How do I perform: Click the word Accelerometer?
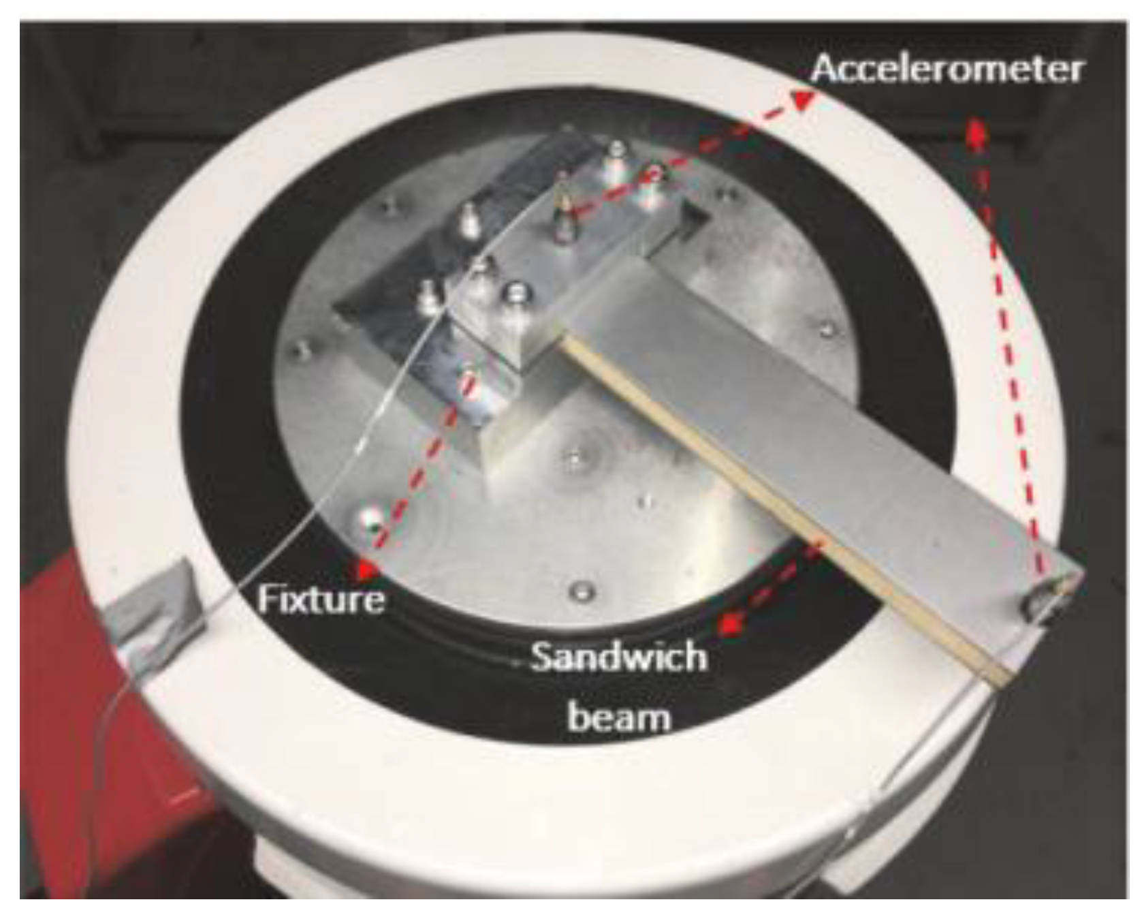pos(947,69)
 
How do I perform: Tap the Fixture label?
pos(321,600)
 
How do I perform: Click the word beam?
pos(619,717)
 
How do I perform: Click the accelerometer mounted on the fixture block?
pos(562,208)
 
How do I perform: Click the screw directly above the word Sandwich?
pos(584,590)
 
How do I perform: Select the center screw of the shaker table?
pos(576,458)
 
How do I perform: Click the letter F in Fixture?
pos(268,600)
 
